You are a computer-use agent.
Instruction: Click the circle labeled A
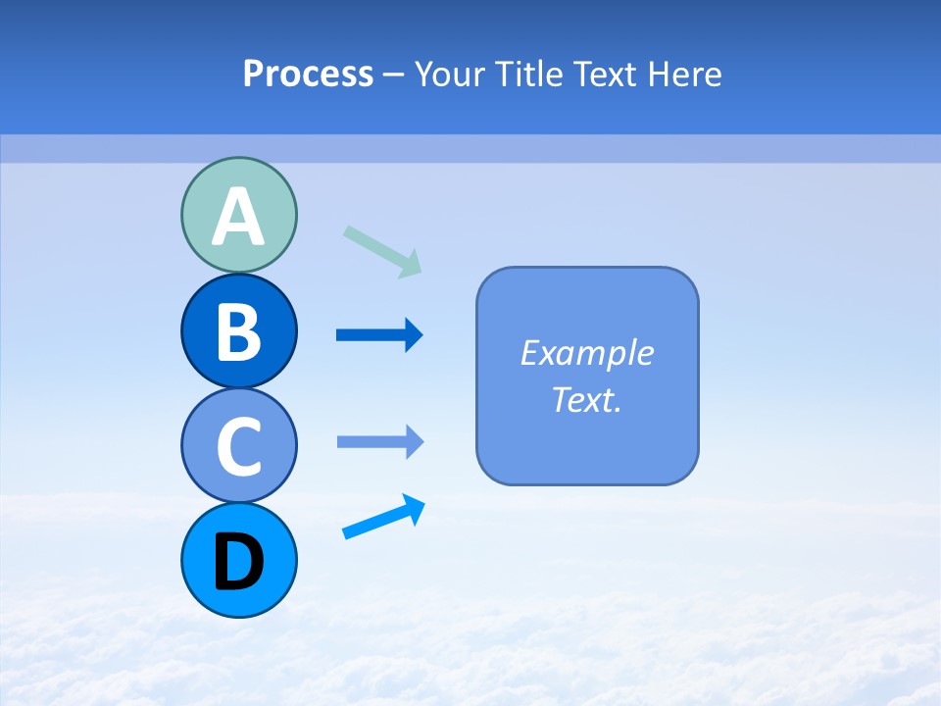(x=238, y=215)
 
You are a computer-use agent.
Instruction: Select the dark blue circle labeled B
(x=238, y=330)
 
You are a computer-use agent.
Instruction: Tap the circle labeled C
(x=238, y=445)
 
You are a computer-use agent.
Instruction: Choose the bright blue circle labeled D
(x=238, y=560)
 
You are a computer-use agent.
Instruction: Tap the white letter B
(x=238, y=334)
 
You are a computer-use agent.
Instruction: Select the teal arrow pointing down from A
(x=382, y=251)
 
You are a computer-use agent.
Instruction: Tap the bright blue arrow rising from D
(x=383, y=517)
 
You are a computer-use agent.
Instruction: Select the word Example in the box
(x=587, y=353)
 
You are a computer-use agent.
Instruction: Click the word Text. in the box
(x=587, y=399)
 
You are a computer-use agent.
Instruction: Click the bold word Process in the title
(x=308, y=74)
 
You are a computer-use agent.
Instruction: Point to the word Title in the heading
(x=530, y=74)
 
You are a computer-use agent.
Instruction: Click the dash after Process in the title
(x=393, y=76)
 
